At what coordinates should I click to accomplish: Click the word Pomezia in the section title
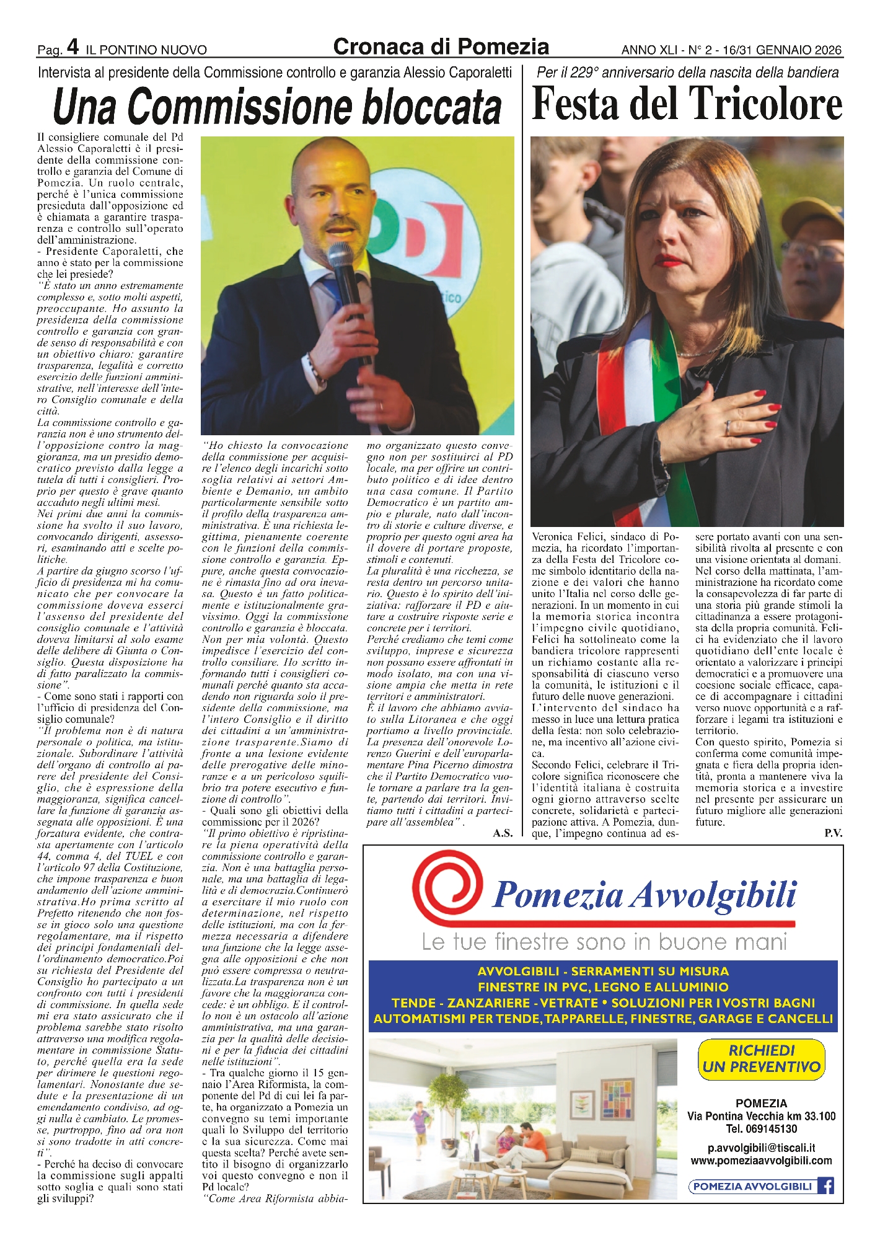point(504,46)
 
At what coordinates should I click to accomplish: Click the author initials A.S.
point(503,833)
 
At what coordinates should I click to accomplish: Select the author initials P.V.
point(833,833)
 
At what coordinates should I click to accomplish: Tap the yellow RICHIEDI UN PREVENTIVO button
point(761,1058)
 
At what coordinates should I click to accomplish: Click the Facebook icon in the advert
point(825,1186)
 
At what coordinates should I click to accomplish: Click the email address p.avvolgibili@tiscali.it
point(761,1148)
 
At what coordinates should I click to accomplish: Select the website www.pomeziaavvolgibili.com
point(761,1161)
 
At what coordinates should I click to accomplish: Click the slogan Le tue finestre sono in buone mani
point(604,942)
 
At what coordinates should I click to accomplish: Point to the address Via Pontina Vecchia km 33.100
point(761,1117)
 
